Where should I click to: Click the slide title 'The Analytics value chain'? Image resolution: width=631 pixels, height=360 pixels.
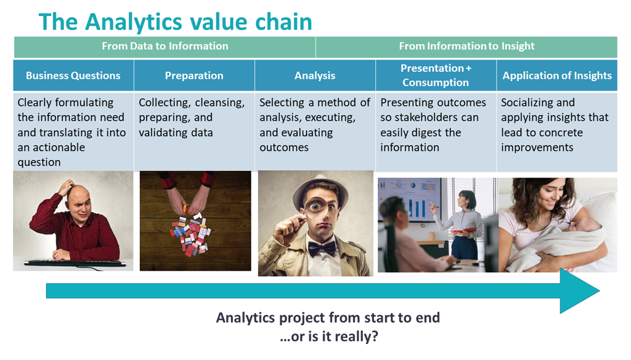pos(176,22)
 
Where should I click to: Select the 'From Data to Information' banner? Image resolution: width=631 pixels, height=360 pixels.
pos(165,46)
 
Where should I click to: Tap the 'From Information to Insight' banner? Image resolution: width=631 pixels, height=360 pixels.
pos(466,46)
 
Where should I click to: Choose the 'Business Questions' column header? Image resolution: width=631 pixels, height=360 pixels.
pos(73,76)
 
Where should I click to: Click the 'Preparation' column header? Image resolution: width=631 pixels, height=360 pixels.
pos(194,76)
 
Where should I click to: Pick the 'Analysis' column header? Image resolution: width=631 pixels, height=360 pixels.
pos(315,76)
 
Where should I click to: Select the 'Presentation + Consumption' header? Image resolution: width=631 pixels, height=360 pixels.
pos(436,75)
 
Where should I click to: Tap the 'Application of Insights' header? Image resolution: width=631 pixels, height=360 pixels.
pos(557,76)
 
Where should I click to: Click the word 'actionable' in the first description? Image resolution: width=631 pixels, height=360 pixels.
pos(59,148)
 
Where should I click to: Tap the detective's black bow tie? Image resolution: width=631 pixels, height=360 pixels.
pos(321,248)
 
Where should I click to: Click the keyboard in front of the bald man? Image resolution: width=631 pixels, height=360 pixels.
pos(75,263)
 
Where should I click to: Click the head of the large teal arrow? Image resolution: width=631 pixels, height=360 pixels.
pos(579,291)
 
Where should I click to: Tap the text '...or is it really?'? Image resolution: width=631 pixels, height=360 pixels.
pos(329,337)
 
